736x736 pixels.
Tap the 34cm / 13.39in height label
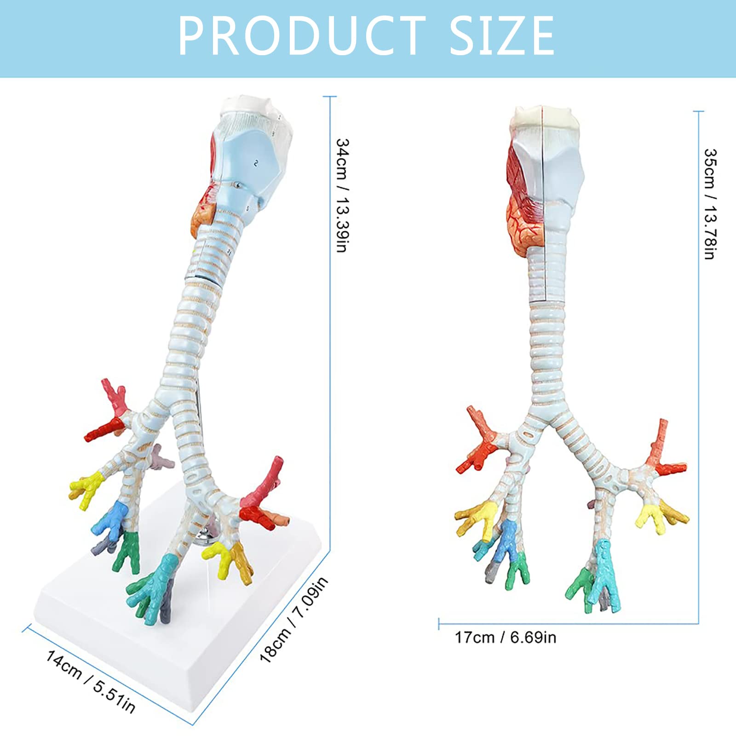click(x=342, y=195)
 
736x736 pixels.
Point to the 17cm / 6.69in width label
click(x=506, y=638)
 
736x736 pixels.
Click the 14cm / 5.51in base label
click(x=90, y=681)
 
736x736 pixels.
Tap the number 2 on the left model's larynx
click(x=256, y=163)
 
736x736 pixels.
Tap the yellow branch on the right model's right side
click(x=651, y=515)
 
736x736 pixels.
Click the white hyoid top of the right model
click(x=543, y=117)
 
